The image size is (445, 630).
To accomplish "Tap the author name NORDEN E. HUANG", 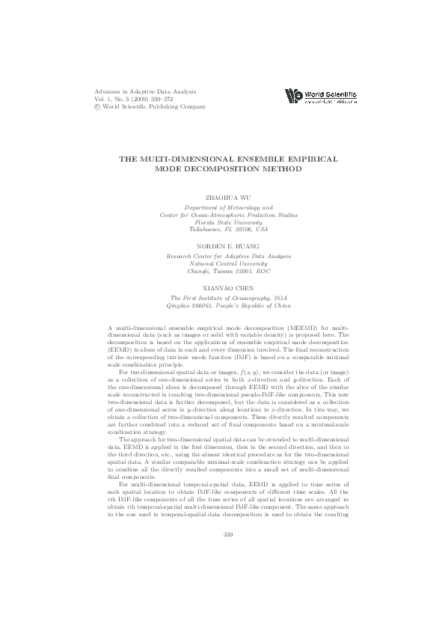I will point(229,245).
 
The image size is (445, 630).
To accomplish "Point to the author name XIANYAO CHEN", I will point(229,287).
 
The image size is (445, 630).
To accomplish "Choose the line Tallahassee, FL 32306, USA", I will point(229,229).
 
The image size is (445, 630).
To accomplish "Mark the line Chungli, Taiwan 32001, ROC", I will point(229,271).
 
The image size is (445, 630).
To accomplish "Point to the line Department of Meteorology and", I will point(229,207).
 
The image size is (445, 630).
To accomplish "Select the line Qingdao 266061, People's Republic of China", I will point(229,305).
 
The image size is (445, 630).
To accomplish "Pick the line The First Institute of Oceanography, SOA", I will point(229,298).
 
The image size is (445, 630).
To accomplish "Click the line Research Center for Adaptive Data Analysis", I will point(229,256).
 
